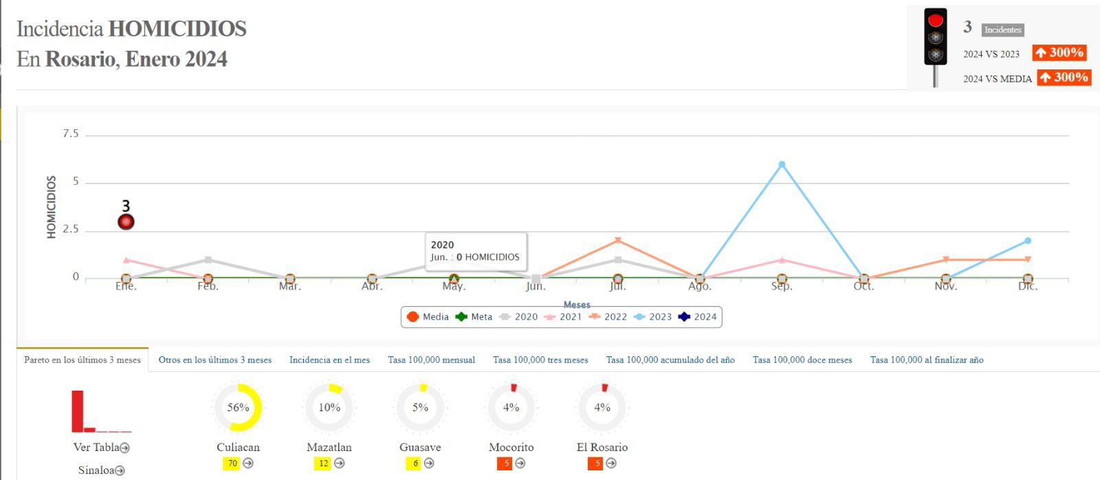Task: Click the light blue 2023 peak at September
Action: (x=782, y=164)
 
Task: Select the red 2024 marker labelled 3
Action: (x=126, y=221)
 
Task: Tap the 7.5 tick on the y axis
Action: (x=71, y=133)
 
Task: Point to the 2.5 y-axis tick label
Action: (x=71, y=229)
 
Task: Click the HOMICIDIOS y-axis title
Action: (x=51, y=207)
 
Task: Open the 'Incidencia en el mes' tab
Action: (x=329, y=360)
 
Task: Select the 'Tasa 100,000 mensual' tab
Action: (x=431, y=360)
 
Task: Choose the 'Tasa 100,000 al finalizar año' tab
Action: (x=926, y=360)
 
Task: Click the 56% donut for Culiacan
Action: (x=238, y=408)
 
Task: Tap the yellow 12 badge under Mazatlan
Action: (x=323, y=463)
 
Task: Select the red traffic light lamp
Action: (x=935, y=20)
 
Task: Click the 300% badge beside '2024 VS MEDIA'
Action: (x=1064, y=78)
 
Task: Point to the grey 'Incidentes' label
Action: (x=1002, y=30)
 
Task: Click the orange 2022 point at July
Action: (x=618, y=241)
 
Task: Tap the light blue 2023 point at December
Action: (x=1028, y=241)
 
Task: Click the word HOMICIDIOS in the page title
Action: (x=177, y=29)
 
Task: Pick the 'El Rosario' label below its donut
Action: (x=602, y=448)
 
